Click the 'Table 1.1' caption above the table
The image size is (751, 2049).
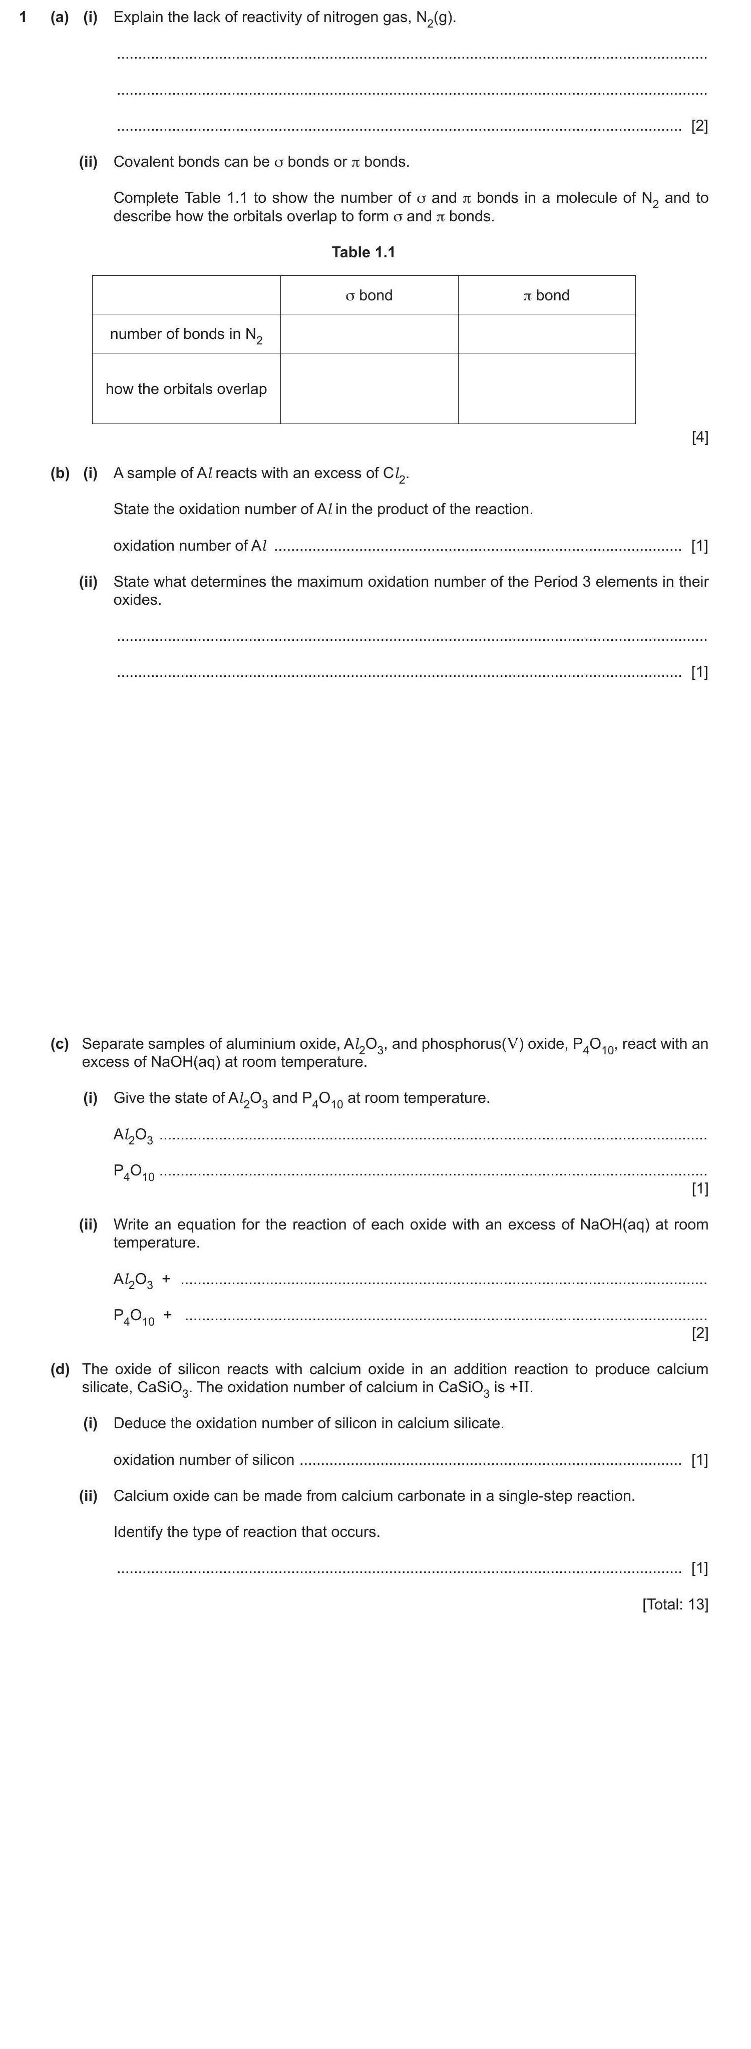pos(363,252)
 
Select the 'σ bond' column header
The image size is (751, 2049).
pos(369,295)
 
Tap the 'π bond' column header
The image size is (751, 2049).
pos(547,295)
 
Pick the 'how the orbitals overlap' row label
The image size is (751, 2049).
pos(186,389)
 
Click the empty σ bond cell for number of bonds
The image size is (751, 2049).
pos(369,334)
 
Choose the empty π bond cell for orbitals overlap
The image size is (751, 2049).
pos(547,389)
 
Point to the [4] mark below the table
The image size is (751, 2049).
pos(699,437)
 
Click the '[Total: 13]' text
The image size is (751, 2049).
pos(674,1603)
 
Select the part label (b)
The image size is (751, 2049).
pos(60,473)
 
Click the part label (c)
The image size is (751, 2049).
pos(60,1044)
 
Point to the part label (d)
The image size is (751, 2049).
pos(60,1369)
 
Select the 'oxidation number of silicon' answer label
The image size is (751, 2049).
pos(204,1460)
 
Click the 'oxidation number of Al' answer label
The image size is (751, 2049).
pos(190,546)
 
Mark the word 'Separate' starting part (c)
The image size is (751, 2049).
pos(111,1044)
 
